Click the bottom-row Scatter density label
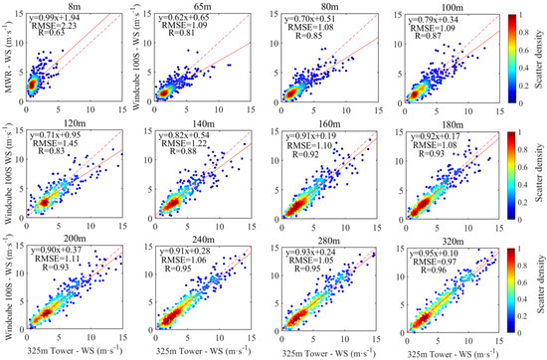click(x=532, y=290)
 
